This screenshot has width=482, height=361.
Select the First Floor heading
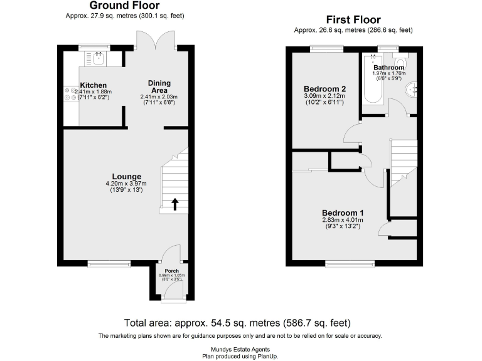pos(354,20)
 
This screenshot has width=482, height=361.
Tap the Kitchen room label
pos(93,85)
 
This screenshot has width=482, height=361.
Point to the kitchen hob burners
pos(69,94)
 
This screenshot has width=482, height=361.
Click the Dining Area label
pos(159,86)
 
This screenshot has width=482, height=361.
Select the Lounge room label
pos(126,176)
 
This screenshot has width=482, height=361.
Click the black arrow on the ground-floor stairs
pos(175,203)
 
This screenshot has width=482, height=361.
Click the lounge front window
pos(109,263)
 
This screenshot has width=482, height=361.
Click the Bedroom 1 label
pos(343,213)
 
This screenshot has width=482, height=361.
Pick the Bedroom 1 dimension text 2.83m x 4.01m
pos(343,220)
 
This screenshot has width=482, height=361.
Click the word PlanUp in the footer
pos(265,355)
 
